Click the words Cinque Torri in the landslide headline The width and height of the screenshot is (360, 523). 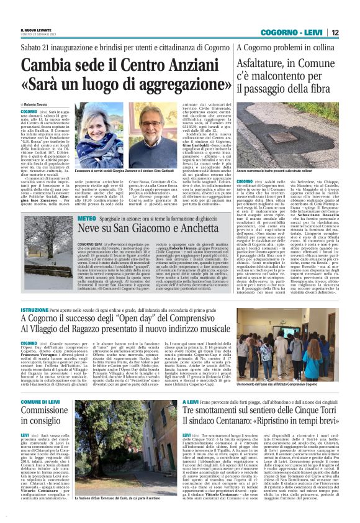pyautogui.click(x=302, y=413)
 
